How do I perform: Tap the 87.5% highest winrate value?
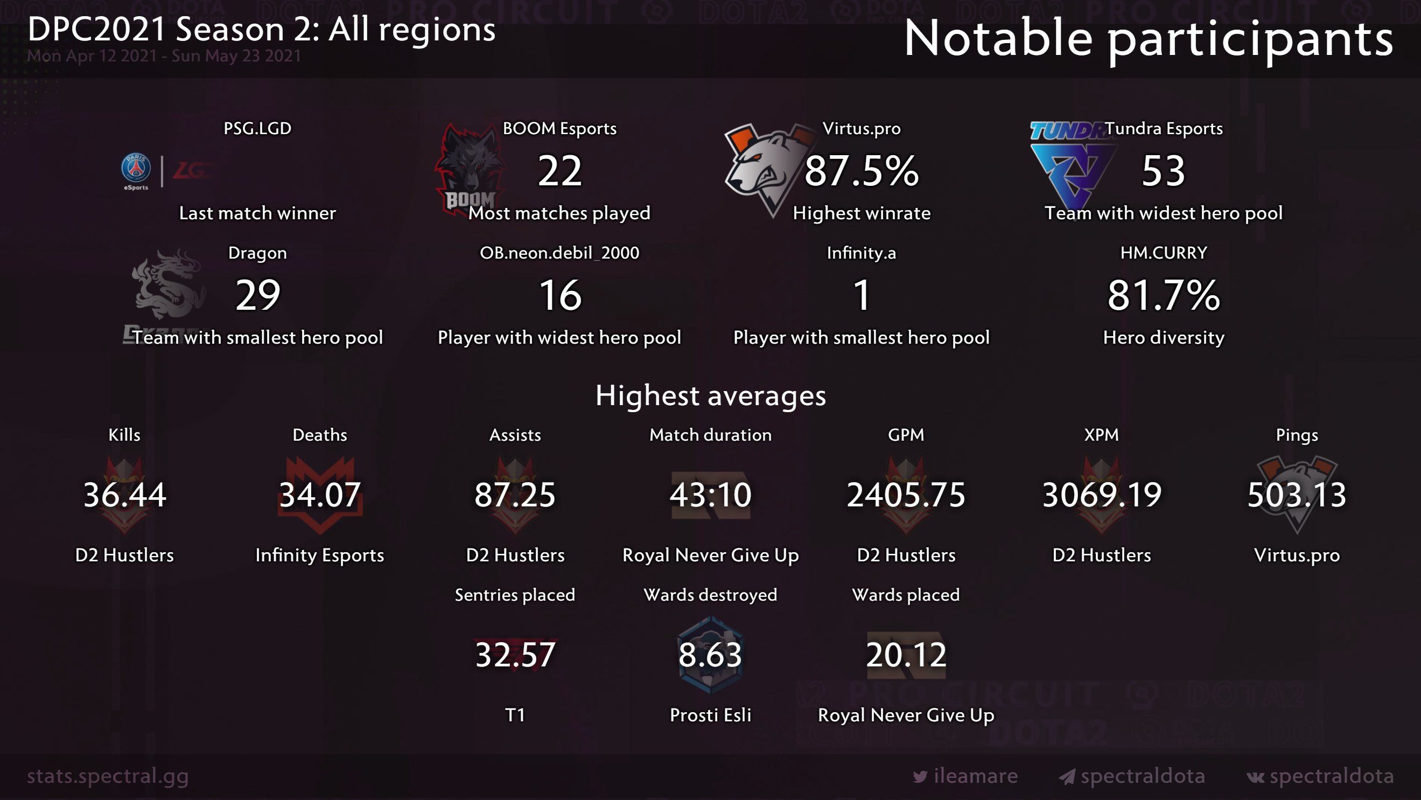tap(861, 171)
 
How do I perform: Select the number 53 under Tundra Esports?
tap(1163, 171)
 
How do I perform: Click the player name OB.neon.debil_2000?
tap(559, 253)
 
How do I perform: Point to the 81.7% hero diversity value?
tap(1164, 295)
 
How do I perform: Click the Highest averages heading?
tap(711, 395)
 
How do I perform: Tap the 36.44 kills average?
tap(125, 495)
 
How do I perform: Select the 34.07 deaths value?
tap(320, 495)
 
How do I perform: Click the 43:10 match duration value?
tap(711, 495)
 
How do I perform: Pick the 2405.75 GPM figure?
tap(906, 495)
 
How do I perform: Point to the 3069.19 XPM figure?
tap(1102, 495)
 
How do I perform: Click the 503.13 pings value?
tap(1297, 495)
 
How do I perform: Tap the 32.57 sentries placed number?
tap(515, 655)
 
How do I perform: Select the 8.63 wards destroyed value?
tap(711, 655)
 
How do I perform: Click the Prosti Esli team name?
tap(711, 715)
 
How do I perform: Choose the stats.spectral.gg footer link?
tap(108, 776)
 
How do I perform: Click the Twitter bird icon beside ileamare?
tap(920, 777)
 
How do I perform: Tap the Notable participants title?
tap(1149, 39)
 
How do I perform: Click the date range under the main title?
tap(164, 55)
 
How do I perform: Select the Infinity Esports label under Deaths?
tap(320, 555)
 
